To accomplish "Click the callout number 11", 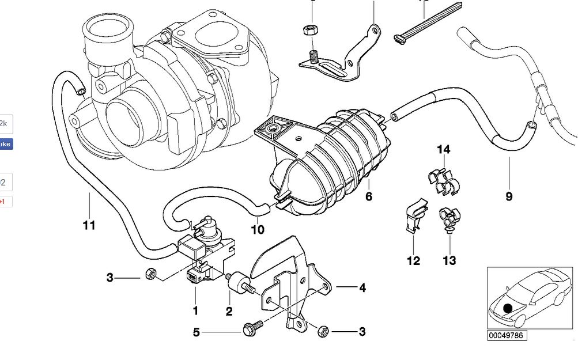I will click(x=88, y=225).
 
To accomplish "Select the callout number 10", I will click(x=258, y=230).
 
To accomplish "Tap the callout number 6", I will click(x=369, y=196).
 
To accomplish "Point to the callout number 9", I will click(x=509, y=196).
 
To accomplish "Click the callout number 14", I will click(x=443, y=150).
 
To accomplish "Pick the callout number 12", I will click(x=414, y=261).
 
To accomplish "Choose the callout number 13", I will click(x=449, y=261).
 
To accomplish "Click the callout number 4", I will click(x=362, y=287).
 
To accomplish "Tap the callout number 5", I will click(x=196, y=332).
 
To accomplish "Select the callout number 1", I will click(x=195, y=311).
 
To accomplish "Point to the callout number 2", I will click(x=229, y=312).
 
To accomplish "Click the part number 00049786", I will click(x=507, y=335).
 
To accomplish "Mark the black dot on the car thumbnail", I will click(x=508, y=309).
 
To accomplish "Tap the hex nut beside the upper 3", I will click(x=151, y=274).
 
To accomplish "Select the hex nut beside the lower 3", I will click(x=323, y=331).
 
